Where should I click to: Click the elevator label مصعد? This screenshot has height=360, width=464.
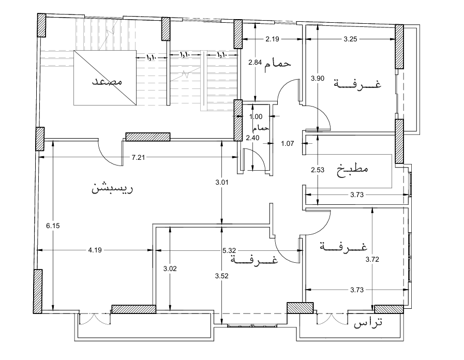tap(107, 81)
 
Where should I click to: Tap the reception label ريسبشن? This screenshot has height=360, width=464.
tap(112, 188)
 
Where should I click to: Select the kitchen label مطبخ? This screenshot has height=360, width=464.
tap(352, 170)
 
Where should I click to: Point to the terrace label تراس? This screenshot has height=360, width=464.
tap(368, 323)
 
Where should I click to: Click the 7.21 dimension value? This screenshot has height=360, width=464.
tap(138, 158)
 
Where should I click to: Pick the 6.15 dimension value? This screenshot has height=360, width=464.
tap(53, 226)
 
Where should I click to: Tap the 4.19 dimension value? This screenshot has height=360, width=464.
tap(95, 250)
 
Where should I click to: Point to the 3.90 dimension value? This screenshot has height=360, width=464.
tap(318, 79)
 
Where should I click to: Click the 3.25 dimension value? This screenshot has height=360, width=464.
tap(350, 39)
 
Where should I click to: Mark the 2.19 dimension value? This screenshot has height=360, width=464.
tap(272, 39)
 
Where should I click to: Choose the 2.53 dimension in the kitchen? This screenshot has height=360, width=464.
tap(318, 170)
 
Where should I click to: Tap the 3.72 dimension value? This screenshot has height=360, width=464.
tap(372, 260)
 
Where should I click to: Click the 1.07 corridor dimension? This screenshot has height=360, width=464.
tap(287, 144)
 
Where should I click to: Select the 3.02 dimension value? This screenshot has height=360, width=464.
tap(170, 269)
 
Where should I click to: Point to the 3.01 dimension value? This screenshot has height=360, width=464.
tap(222, 183)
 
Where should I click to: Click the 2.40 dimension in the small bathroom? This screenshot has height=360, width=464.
tap(253, 138)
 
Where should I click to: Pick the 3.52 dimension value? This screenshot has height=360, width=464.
tap(222, 276)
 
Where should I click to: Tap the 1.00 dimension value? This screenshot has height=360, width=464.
tap(256, 117)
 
